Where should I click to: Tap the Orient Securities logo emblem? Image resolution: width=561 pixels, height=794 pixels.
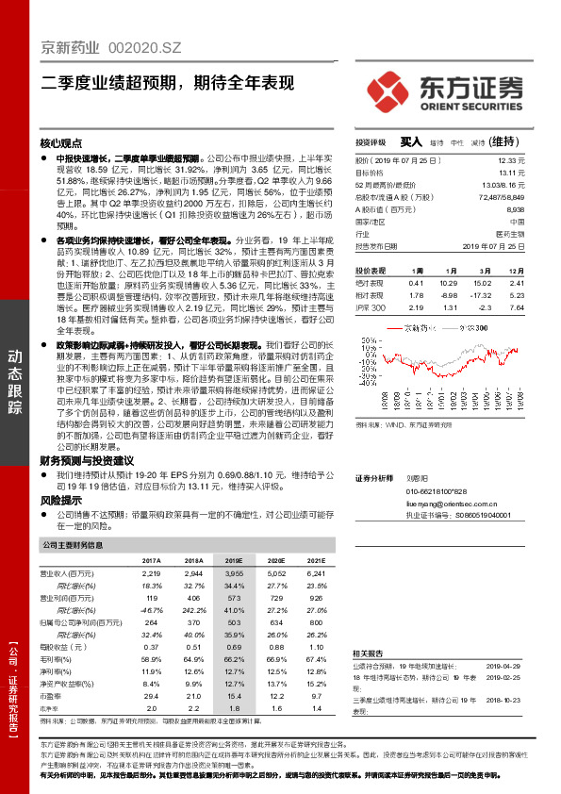385,95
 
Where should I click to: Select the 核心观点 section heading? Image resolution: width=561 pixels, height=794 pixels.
61,143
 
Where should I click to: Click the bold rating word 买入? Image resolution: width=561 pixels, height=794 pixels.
410,141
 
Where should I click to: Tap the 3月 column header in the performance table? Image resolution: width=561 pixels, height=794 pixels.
459,269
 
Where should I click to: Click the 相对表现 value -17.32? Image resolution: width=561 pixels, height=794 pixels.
459,294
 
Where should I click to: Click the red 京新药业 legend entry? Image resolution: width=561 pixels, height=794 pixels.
409,327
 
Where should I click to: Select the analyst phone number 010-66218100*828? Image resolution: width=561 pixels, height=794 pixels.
436,492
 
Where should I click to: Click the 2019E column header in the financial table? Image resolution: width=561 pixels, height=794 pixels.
231,560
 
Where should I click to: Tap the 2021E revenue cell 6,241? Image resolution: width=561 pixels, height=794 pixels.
315,573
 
